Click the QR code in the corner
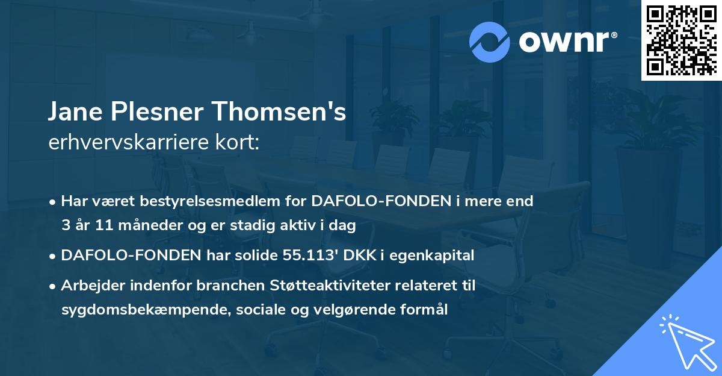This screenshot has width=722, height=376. click(x=681, y=40)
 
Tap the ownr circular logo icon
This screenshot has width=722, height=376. click(x=490, y=42)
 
